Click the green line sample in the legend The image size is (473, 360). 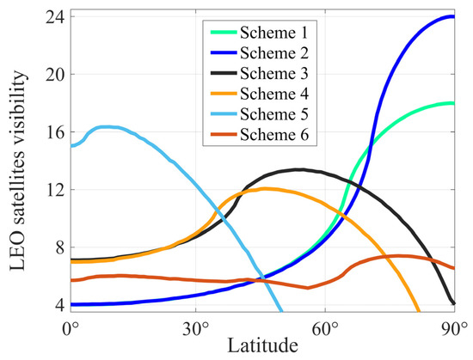(223, 34)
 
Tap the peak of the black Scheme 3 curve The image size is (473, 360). (298, 169)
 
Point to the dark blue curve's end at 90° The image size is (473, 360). (453, 16)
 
